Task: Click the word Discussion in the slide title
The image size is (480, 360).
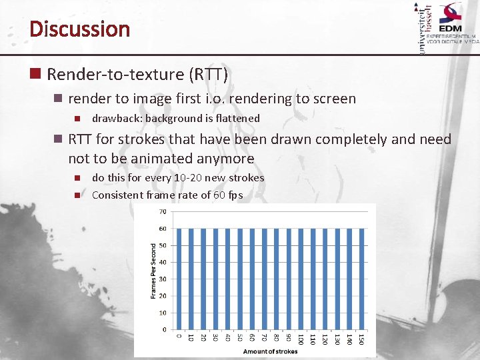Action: coord(79,29)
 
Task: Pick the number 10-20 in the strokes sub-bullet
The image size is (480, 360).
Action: coord(188,178)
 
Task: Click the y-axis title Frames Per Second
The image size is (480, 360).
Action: coord(153,270)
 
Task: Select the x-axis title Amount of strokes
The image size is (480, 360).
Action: coord(269,351)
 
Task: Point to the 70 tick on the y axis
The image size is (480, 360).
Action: coord(162,212)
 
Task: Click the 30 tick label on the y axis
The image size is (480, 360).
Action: coord(162,279)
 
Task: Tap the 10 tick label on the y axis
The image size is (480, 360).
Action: coord(162,313)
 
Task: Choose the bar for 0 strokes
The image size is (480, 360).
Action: coord(178,279)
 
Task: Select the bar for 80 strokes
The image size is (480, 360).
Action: coord(277,279)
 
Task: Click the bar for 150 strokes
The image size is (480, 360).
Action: coord(363,279)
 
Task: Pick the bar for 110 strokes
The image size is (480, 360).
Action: coord(313,279)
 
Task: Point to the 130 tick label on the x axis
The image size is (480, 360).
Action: coord(337,339)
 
